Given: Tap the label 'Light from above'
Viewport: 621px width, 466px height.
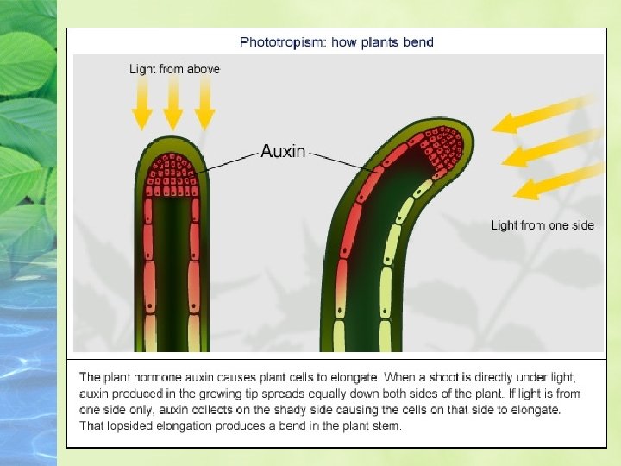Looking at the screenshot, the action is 174,68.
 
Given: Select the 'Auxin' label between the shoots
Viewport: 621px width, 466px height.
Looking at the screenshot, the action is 283,151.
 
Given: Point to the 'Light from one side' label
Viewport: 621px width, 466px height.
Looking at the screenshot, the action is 543,225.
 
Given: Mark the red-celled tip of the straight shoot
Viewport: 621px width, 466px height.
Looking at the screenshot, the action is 173,172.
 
